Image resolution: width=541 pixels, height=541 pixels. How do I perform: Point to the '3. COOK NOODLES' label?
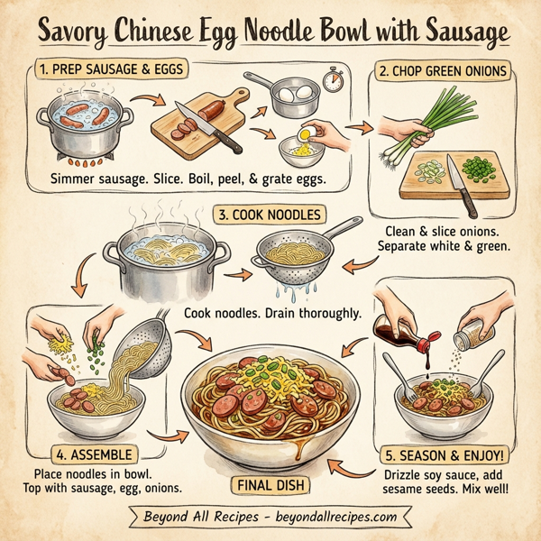point(270,215)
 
